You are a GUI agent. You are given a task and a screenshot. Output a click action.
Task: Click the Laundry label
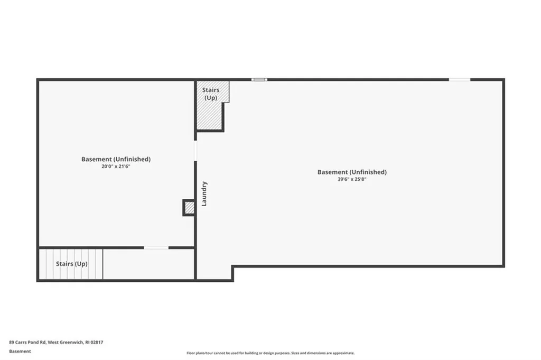coord(204,193)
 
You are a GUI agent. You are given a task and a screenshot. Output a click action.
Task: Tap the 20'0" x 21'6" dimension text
coord(116,167)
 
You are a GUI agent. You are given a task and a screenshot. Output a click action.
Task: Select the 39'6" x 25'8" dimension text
coord(352,179)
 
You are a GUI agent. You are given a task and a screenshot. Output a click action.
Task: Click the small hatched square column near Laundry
coord(189,207)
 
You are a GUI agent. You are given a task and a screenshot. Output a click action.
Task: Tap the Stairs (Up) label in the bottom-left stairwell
coord(72,263)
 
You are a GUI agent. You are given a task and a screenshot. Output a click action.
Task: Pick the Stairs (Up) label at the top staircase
coord(211,94)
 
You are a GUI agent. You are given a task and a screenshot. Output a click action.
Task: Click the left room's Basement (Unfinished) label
coord(116,159)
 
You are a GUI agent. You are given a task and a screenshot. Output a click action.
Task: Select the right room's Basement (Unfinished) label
coord(352,172)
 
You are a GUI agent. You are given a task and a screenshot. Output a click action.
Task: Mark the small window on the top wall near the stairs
coord(259,80)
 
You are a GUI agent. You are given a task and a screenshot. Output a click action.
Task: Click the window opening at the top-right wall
coord(459,80)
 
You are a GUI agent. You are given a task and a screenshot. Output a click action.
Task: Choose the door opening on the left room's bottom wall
coord(156,247)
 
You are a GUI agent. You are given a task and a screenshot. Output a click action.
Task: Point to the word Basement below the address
coord(20,351)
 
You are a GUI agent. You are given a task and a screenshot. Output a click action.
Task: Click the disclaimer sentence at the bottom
coord(270,353)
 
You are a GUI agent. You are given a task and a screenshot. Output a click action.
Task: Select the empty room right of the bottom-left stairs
coord(148,264)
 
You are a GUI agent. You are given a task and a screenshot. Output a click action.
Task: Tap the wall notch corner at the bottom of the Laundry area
coord(232,267)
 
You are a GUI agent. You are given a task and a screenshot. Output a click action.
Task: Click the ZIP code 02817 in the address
coord(97,342)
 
